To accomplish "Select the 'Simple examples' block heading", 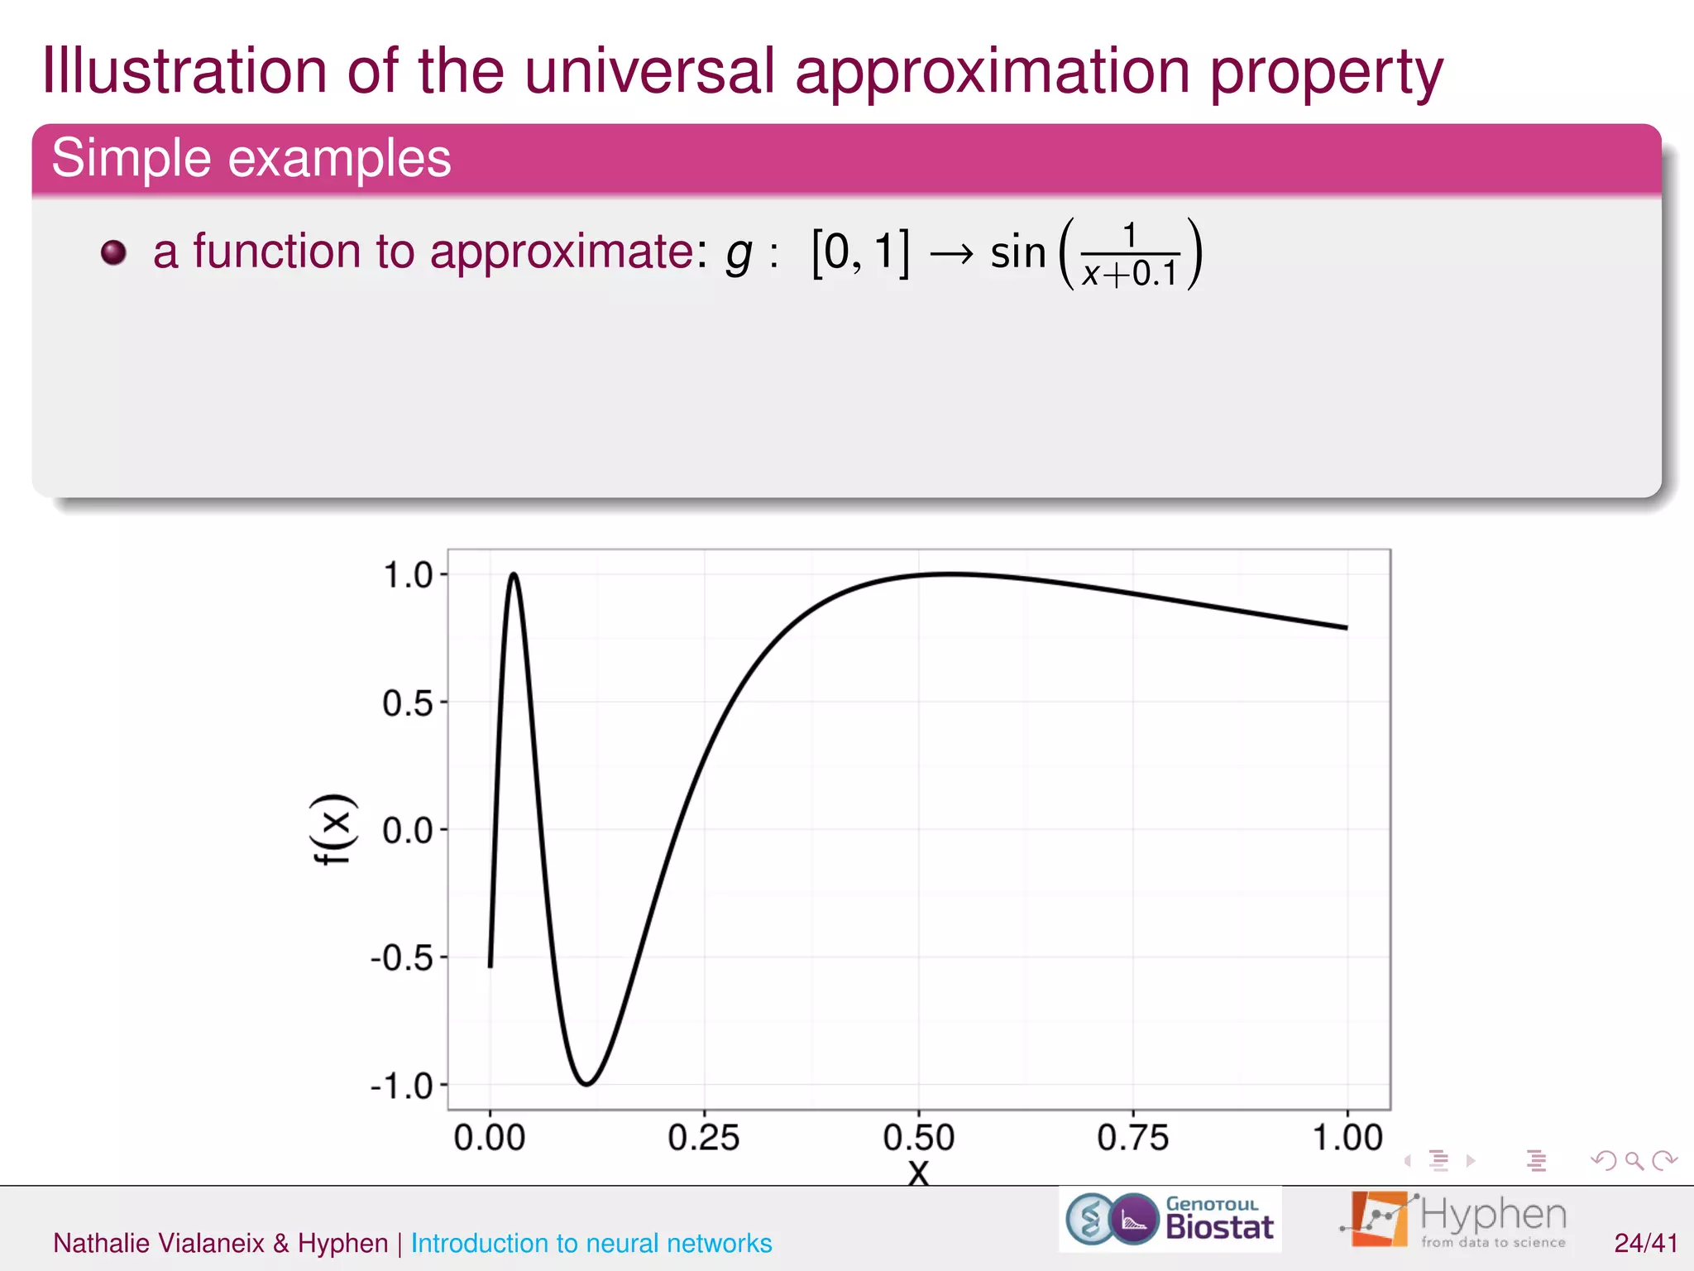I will click(x=251, y=158).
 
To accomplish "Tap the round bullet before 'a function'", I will click(x=113, y=252).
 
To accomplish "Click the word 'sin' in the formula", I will click(x=1017, y=252).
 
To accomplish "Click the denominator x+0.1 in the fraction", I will click(x=1130, y=274).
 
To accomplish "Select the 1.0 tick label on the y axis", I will click(x=407, y=575).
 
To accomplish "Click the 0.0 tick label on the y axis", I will click(x=407, y=831).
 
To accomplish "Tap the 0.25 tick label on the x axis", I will click(x=703, y=1139).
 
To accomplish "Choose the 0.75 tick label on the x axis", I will click(x=1132, y=1139).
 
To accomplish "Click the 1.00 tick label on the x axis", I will click(x=1347, y=1139).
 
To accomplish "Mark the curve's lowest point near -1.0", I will click(x=586, y=1083).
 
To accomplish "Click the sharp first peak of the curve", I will click(x=514, y=573).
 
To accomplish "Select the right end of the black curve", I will click(x=1346, y=627).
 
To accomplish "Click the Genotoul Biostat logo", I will click(x=1170, y=1220).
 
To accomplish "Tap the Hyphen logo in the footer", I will click(x=1454, y=1220).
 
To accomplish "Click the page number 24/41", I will click(x=1645, y=1243).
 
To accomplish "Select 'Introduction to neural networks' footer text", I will click(x=591, y=1243).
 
